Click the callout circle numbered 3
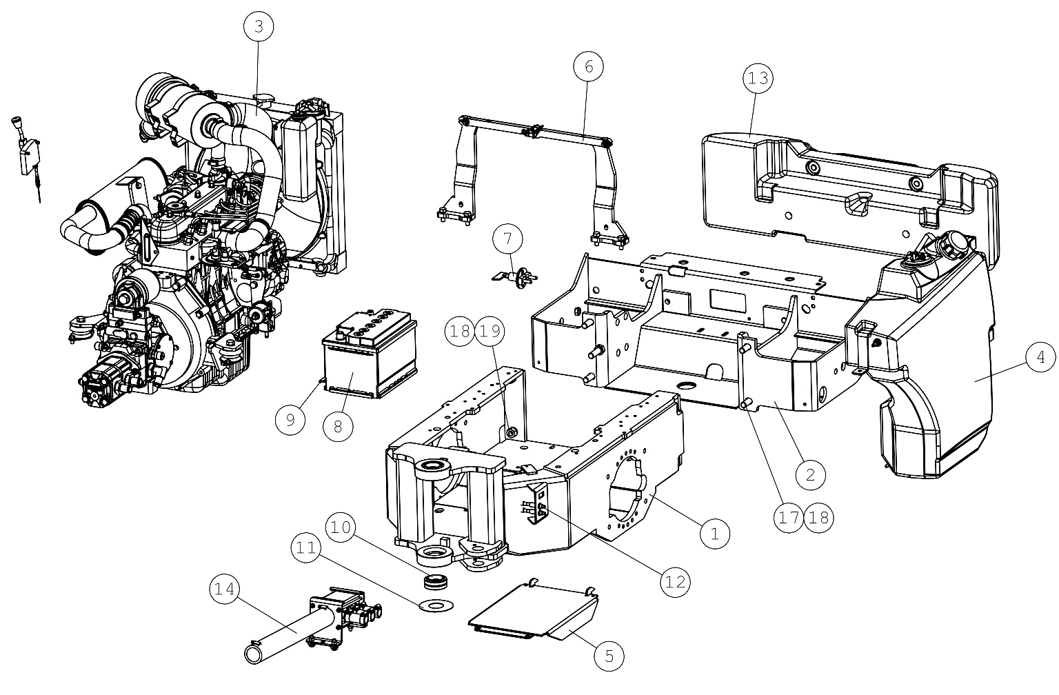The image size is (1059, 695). coord(259,26)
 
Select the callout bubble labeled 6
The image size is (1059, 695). coord(589,67)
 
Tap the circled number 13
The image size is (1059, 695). coord(758,77)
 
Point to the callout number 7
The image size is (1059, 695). coord(507,239)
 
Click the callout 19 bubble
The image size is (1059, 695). coord(490,331)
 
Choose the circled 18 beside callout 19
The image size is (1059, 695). coord(460,331)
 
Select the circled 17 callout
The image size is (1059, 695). coord(788,518)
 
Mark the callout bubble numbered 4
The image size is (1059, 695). coord(1040,357)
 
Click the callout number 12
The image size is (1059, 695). coord(675,581)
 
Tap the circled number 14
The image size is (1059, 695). coord(225,589)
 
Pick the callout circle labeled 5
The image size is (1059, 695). coord(609,656)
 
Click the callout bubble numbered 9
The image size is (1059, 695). coord(290,420)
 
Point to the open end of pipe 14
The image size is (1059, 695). coord(255,654)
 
